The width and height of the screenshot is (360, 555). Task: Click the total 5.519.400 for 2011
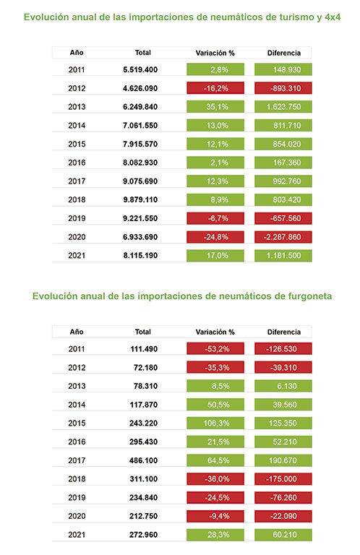140,69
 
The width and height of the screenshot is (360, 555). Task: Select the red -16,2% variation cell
215,88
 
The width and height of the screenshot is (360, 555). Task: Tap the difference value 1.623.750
283,107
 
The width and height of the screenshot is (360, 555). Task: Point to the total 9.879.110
140,199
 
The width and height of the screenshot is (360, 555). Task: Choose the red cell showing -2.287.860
283,237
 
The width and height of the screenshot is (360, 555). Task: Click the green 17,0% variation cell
215,256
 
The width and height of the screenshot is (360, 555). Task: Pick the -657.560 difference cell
283,218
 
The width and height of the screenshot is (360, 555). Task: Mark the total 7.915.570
140,144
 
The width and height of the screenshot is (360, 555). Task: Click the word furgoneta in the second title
310,296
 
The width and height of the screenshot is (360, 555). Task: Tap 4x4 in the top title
333,17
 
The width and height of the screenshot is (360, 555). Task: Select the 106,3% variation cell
215,423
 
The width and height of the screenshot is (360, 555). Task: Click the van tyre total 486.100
143,460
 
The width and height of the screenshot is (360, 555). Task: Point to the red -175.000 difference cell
283,479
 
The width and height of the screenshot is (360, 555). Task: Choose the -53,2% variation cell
215,348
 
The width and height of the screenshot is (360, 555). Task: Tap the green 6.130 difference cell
283,386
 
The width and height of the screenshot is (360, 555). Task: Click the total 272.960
143,535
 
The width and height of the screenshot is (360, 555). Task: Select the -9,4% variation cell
215,516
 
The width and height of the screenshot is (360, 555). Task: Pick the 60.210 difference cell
283,535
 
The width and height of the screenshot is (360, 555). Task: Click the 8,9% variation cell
215,199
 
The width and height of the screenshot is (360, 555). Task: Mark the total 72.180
145,367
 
